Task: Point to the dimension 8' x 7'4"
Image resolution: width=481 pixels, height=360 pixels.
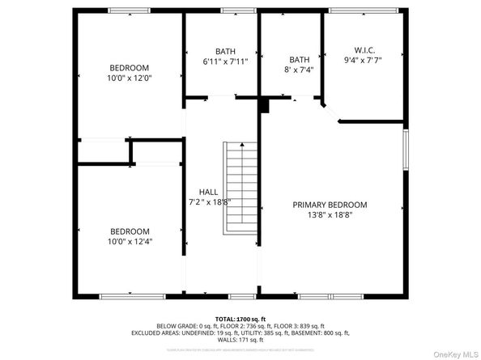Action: (x=300, y=70)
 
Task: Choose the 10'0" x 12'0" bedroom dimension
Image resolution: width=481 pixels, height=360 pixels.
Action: (x=130, y=78)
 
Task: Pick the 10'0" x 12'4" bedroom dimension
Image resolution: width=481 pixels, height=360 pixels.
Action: (x=130, y=241)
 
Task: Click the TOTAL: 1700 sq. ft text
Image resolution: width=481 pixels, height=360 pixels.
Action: (x=240, y=320)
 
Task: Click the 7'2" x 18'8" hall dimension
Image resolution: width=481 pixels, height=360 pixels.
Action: (x=209, y=202)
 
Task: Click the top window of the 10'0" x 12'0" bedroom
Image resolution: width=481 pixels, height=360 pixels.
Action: (x=130, y=11)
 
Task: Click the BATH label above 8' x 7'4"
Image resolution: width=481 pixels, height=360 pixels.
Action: (x=300, y=59)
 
